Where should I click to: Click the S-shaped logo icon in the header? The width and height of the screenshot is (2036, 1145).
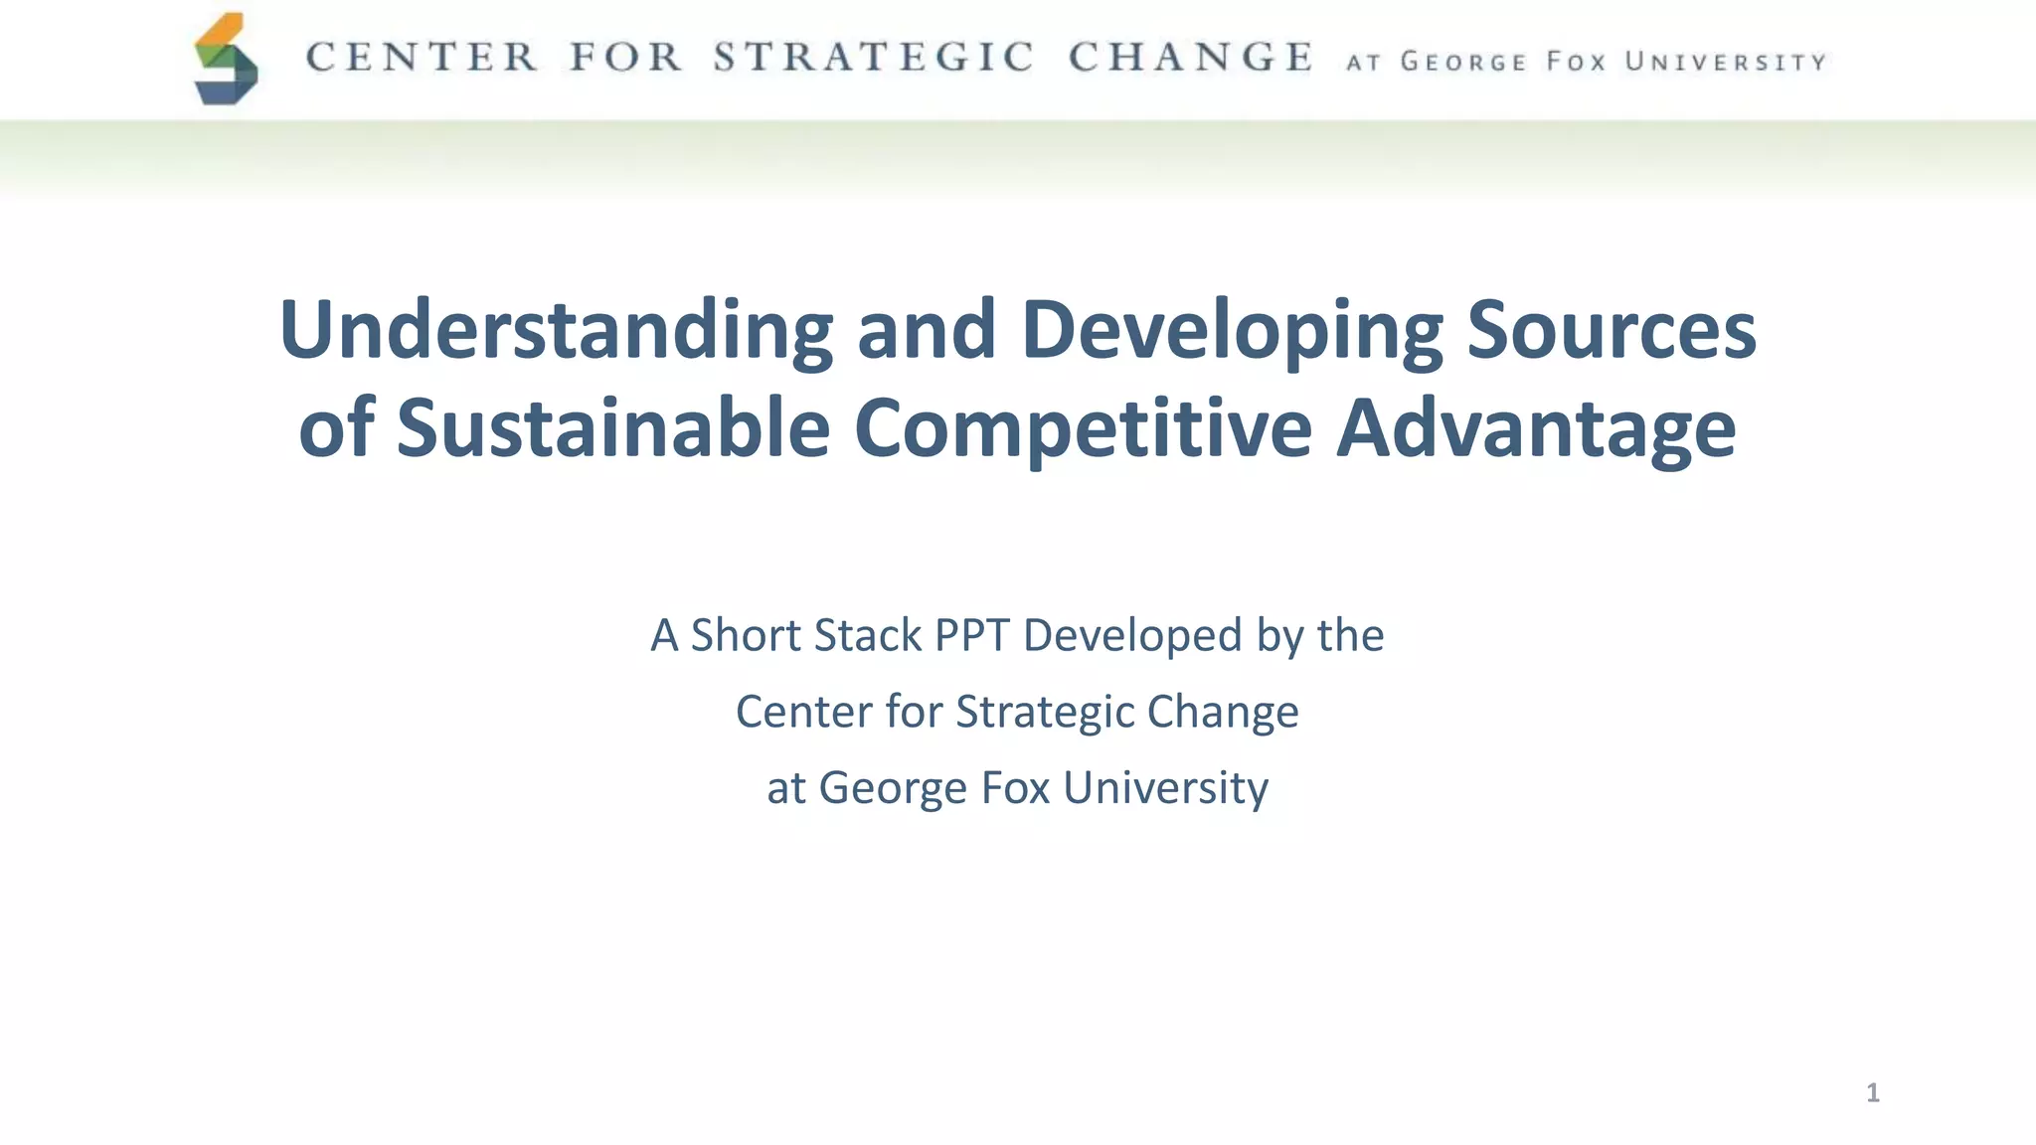tap(227, 60)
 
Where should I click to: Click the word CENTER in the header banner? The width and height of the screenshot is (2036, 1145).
tap(423, 58)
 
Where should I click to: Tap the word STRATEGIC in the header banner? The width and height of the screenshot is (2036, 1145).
tap(874, 58)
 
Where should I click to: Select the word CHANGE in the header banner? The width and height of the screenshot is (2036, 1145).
tap(1191, 58)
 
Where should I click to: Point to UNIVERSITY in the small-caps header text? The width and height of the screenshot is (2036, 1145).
tap(1726, 63)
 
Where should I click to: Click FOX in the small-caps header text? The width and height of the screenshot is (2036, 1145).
tap(1577, 63)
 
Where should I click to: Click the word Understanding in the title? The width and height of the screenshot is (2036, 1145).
tap(557, 331)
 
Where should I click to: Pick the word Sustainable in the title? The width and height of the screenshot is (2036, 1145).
tap(613, 428)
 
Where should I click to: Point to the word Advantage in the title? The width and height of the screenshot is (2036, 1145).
tap(1536, 428)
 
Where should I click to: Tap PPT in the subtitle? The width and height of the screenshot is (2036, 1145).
tap(971, 635)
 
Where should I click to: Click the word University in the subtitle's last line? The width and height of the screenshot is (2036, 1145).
tap(1165, 788)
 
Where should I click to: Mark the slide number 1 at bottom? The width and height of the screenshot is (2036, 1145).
tap(1873, 1093)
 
